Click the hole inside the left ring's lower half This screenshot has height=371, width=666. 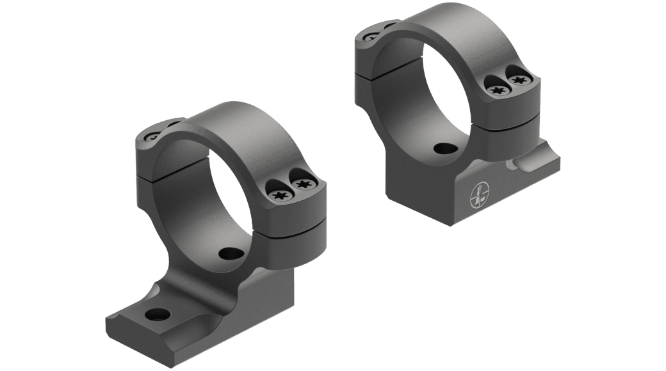229,253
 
